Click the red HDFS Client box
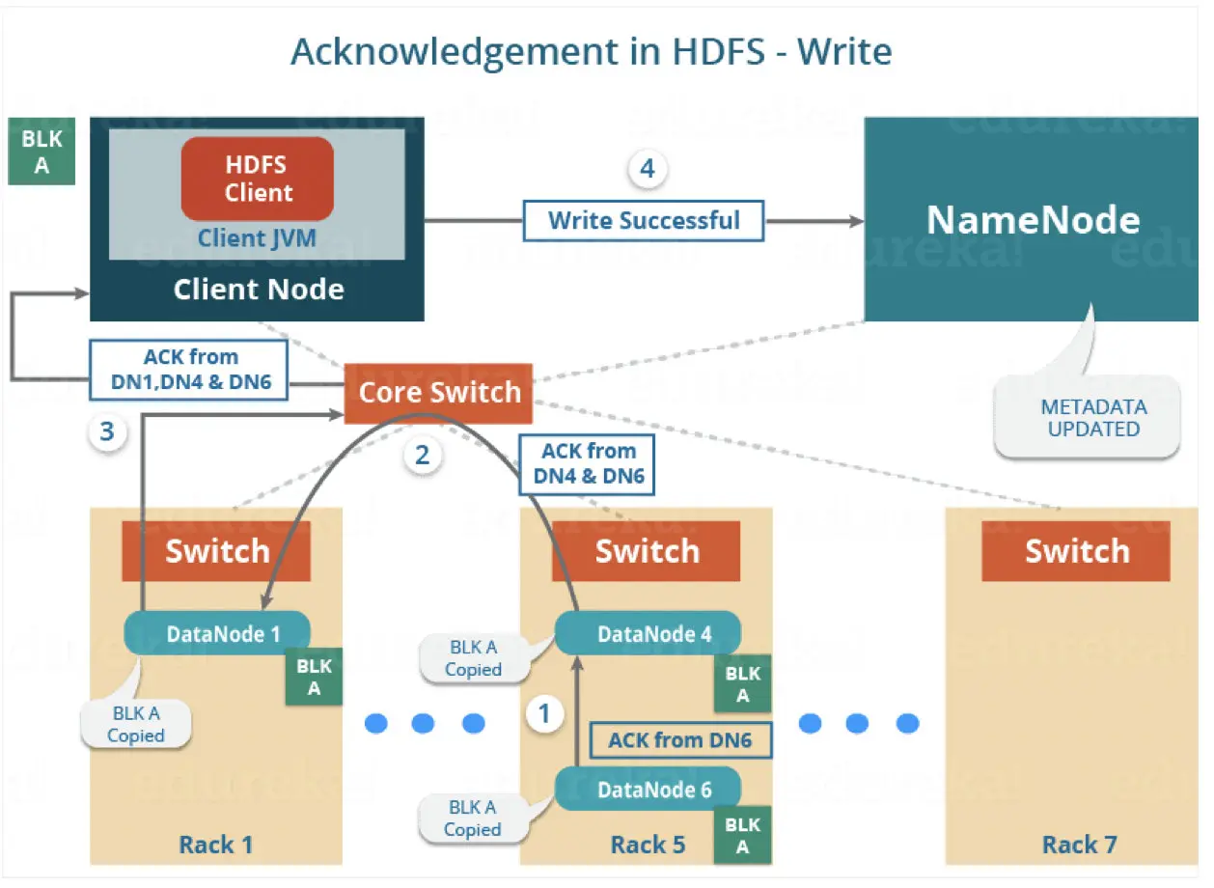258,179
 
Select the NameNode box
1032,220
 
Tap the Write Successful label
644,220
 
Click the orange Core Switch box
439,393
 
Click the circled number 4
647,169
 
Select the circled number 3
106,431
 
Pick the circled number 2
422,455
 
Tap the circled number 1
544,714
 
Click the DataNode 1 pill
218,634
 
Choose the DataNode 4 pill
648,634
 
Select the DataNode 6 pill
648,790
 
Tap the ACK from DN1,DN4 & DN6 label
189,370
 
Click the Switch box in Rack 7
1076,551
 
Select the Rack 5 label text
648,846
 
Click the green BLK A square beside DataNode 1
314,678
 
